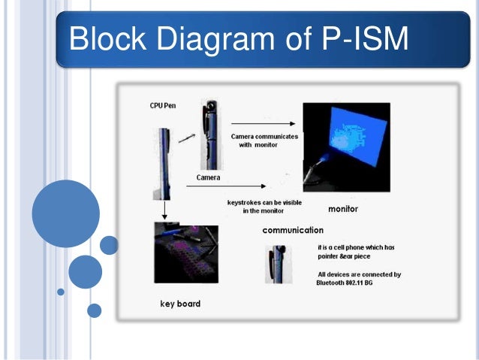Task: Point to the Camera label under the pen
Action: coord(208,177)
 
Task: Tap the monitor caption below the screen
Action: coord(343,209)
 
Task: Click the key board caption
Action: coord(180,304)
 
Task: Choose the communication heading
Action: coord(293,230)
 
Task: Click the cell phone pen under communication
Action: coord(276,263)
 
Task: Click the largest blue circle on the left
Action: coord(66,214)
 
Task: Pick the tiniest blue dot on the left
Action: coord(61,292)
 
